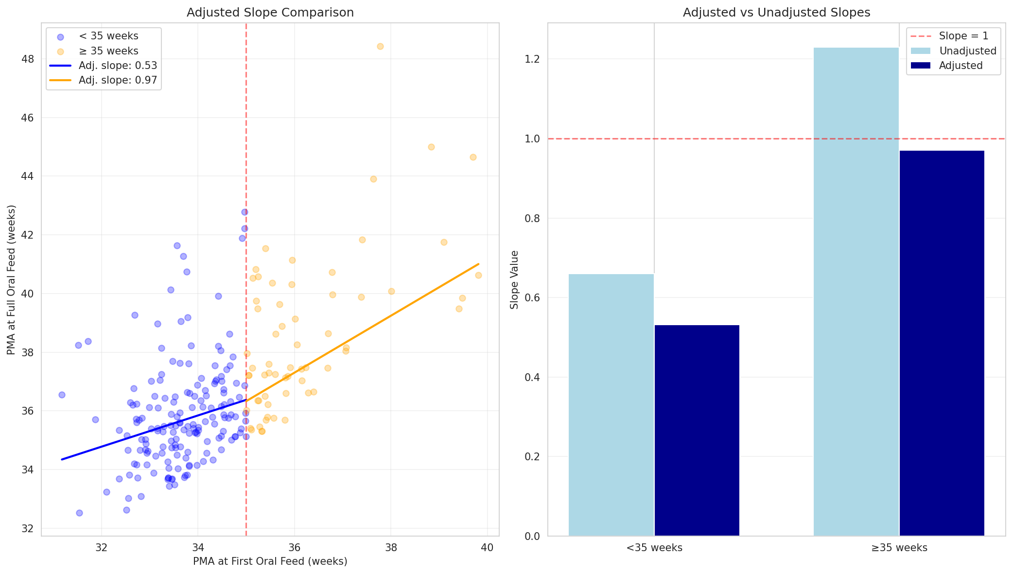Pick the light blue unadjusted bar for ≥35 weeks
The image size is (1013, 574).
coord(856,292)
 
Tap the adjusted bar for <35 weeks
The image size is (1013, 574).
coord(697,430)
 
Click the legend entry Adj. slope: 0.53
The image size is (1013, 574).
coord(117,66)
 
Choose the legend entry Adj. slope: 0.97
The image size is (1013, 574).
coord(117,80)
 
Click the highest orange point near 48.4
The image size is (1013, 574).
coord(380,46)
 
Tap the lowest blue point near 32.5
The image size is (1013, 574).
coord(79,513)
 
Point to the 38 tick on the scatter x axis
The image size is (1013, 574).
coord(391,547)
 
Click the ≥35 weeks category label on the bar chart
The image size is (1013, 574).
coord(899,548)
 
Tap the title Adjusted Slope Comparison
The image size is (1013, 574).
coord(270,13)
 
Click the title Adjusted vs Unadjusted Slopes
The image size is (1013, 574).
coord(776,13)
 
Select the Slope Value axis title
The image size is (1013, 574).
coord(515,279)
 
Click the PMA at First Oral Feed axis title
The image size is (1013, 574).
coord(270,561)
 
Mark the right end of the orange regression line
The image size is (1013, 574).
coord(479,264)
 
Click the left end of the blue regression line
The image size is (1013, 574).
coord(62,459)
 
